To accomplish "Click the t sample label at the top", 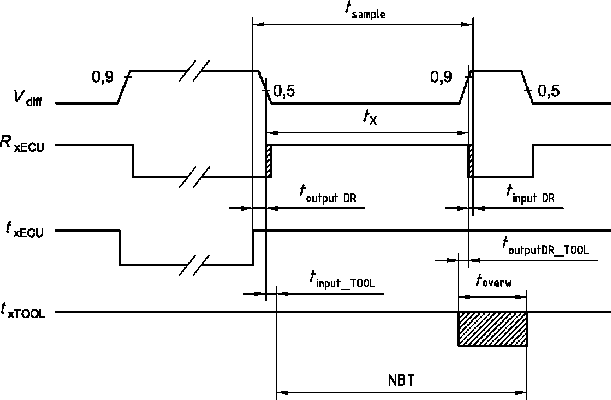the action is tap(365, 11).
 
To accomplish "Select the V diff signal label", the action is tap(28, 98).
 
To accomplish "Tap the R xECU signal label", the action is tap(22, 144).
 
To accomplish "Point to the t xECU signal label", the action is tap(25, 230).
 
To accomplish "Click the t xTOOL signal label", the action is tap(23, 311).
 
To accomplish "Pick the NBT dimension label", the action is tap(401, 380).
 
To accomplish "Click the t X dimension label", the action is tap(370, 117).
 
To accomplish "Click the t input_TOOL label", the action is tap(343, 279).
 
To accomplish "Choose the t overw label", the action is tap(494, 281).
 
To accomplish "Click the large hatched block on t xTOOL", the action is tap(492, 329).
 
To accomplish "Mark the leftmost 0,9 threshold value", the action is tap(103, 77).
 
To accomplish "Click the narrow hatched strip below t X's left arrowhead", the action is tap(269, 161).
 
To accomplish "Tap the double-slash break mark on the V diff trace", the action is tap(195, 71).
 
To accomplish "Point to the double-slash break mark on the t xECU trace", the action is tap(195, 265).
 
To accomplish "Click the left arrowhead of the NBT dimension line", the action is tap(282, 393).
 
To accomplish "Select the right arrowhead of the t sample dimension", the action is tap(467, 25).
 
